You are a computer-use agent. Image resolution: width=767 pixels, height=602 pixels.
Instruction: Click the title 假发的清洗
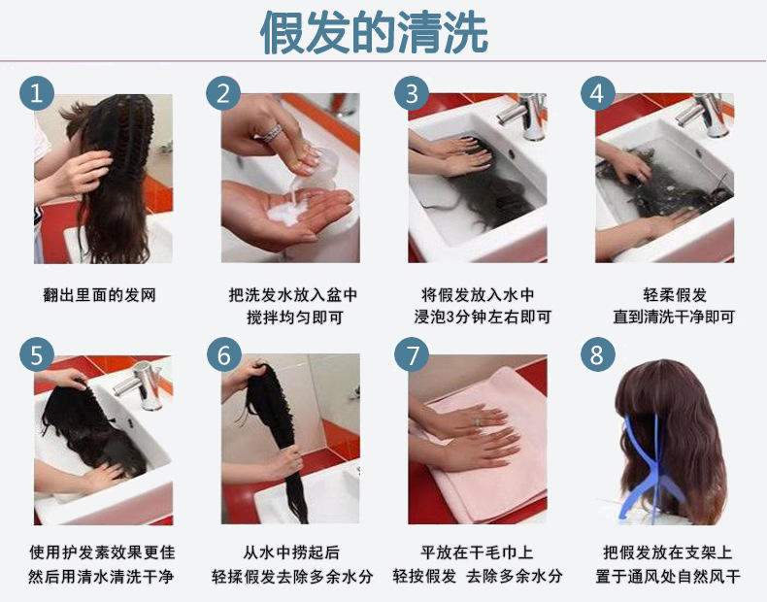[374, 33]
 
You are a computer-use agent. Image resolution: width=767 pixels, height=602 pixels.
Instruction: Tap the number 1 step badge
[36, 94]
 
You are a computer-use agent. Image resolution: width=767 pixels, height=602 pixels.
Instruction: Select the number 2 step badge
[223, 94]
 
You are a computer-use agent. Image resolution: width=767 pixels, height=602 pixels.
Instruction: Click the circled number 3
[412, 94]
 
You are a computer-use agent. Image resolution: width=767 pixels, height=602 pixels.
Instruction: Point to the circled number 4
[598, 94]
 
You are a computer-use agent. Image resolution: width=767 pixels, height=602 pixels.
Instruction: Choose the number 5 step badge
[36, 355]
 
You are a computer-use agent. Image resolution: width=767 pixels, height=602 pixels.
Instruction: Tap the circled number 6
[223, 355]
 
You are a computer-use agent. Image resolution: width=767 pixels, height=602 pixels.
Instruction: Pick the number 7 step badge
[412, 355]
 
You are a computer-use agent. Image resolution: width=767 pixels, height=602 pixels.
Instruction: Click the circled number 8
[598, 355]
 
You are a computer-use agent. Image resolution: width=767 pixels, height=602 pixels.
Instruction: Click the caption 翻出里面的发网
[100, 295]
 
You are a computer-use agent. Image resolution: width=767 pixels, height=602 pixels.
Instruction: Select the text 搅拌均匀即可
[288, 318]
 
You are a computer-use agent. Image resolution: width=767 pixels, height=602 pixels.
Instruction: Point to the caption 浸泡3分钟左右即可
[477, 318]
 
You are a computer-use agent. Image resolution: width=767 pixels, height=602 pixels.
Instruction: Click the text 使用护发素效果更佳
[101, 552]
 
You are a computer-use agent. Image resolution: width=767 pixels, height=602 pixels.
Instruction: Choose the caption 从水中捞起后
[288, 552]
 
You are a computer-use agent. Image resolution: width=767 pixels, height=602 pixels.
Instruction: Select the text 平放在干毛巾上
[477, 552]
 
